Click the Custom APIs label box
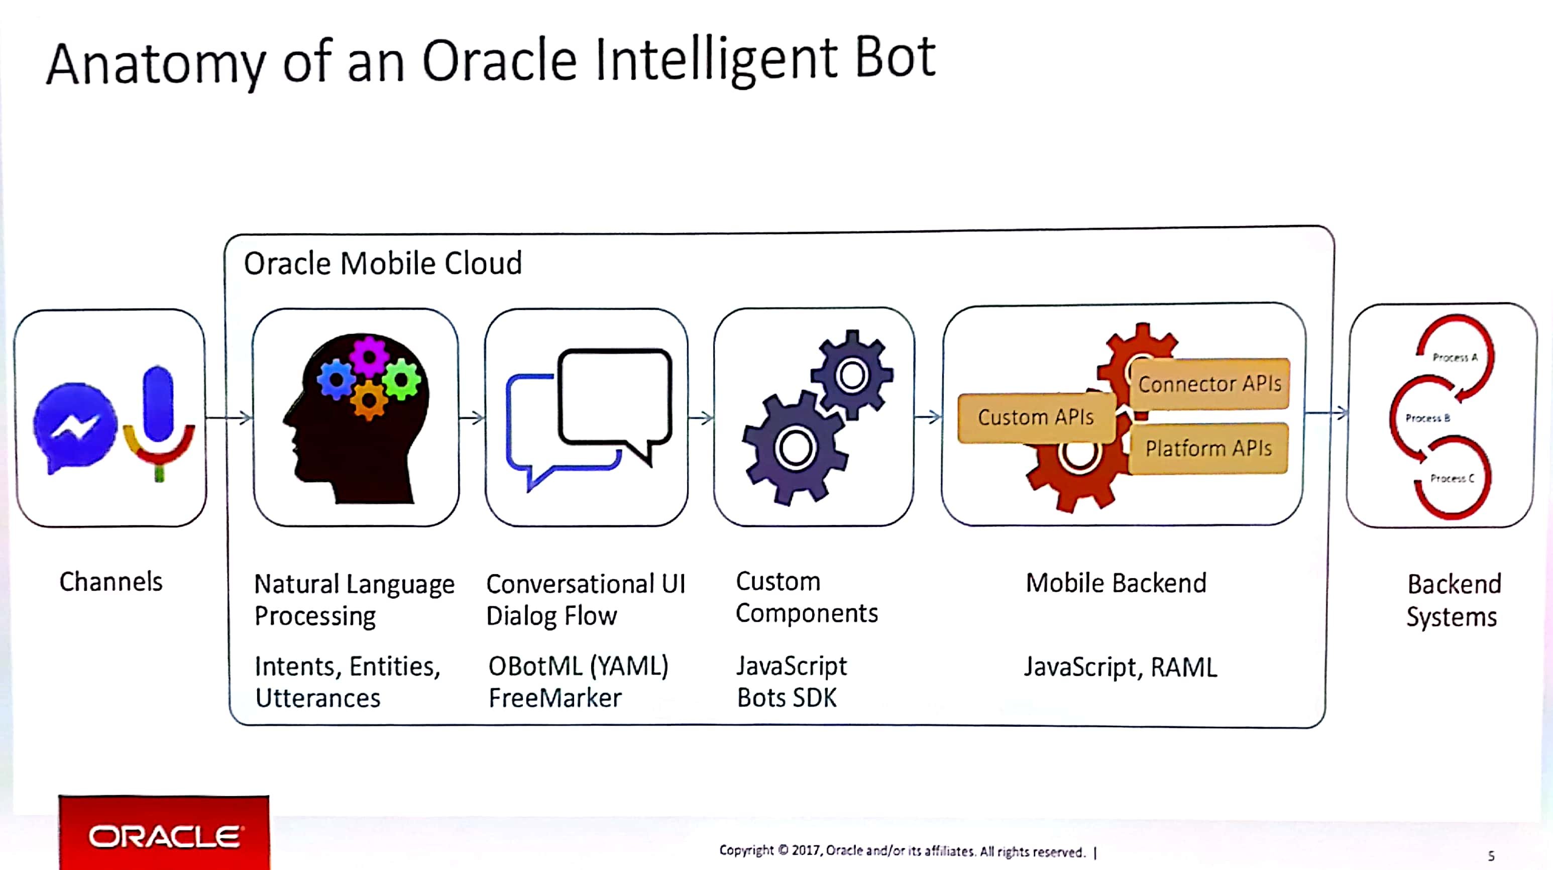tap(1036, 417)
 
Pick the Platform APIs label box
tap(1208, 449)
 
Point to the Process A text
tap(1455, 358)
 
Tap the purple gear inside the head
tap(369, 356)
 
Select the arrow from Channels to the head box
tap(229, 418)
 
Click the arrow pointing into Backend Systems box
tap(1326, 413)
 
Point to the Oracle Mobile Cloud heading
tap(382, 264)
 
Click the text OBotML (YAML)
tap(578, 666)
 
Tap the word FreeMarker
tap(554, 698)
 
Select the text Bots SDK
tap(787, 698)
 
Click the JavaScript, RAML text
tap(1120, 668)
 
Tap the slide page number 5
tap(1491, 855)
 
